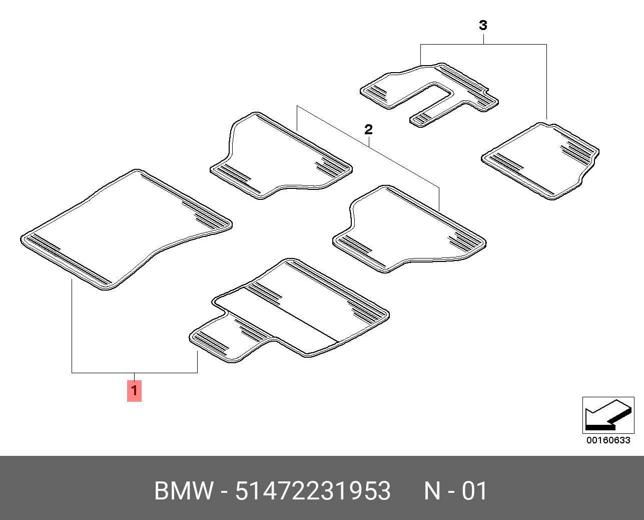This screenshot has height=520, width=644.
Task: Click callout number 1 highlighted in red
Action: [134, 391]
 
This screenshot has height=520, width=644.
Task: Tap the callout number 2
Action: [368, 130]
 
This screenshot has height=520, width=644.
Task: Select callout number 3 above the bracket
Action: [483, 25]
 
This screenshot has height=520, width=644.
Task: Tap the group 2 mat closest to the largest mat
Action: [280, 155]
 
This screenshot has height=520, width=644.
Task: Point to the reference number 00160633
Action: [608, 440]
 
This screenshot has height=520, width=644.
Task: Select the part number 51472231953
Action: [313, 491]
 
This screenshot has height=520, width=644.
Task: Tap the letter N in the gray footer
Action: [432, 491]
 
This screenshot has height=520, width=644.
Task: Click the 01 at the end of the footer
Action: [474, 491]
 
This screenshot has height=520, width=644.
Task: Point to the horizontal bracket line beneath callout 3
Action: [510, 45]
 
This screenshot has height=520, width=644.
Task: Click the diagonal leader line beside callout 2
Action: [400, 163]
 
